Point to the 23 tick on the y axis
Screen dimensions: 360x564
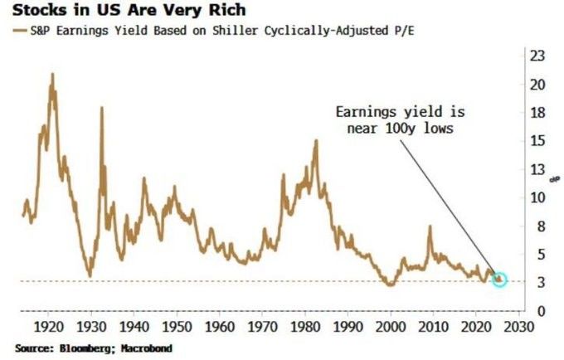click(x=537, y=56)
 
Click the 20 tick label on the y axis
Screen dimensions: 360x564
click(x=537, y=84)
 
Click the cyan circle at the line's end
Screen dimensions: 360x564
click(x=499, y=280)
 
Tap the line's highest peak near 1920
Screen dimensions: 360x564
click(x=53, y=74)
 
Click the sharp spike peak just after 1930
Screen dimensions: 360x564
click(x=102, y=108)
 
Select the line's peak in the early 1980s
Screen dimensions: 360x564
click(x=316, y=141)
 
